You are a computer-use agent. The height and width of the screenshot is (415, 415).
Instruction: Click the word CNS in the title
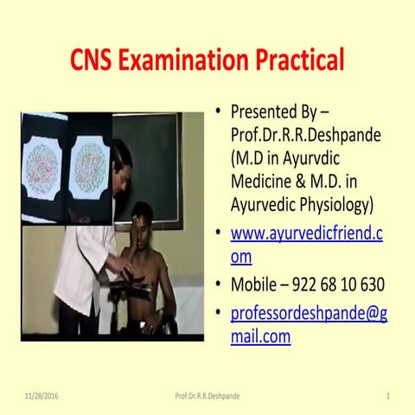point(96,61)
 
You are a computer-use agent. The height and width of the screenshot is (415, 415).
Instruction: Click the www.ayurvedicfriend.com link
point(306,245)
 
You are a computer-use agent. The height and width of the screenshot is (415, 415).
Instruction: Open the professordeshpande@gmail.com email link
point(308,325)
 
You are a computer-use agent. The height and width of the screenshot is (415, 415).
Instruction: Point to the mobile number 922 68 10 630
point(333,284)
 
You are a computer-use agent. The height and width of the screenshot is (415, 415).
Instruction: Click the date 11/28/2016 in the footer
point(42,395)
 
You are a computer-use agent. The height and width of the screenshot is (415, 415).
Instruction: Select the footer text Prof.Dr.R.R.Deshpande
point(207,395)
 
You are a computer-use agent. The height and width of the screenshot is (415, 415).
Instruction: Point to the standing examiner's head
point(121,157)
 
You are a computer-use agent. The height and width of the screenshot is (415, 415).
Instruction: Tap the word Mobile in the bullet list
point(256,284)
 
